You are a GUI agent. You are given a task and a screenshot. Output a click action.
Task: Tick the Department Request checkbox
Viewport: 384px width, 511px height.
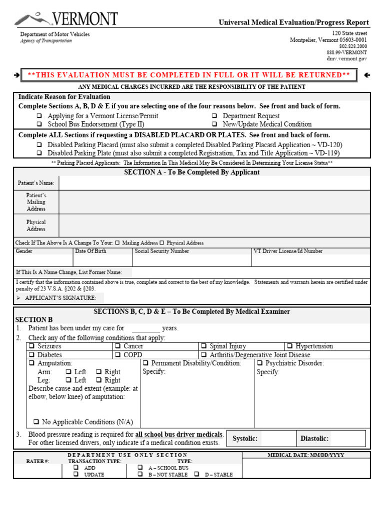[214, 116]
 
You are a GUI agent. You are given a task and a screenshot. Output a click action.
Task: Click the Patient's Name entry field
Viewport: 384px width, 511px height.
[214, 183]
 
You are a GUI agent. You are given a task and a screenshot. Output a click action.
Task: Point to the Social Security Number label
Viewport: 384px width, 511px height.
[162, 252]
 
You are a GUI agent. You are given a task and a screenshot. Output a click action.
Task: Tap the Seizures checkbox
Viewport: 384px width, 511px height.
[31, 346]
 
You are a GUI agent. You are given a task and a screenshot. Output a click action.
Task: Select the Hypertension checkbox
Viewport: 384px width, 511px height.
[289, 346]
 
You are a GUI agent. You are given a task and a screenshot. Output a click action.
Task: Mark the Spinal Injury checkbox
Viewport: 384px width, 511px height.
[204, 346]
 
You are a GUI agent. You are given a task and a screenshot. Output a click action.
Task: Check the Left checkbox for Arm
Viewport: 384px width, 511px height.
[68, 372]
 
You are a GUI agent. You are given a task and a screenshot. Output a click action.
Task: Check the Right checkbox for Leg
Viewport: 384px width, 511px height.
[98, 380]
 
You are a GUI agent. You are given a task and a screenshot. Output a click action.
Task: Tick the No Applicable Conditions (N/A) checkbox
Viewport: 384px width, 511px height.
[36, 422]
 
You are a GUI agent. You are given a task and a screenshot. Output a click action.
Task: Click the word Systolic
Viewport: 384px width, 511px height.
[245, 439]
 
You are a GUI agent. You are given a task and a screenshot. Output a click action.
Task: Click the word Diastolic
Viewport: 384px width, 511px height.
[314, 439]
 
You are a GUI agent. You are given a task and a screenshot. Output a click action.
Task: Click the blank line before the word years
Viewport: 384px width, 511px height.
[145, 329]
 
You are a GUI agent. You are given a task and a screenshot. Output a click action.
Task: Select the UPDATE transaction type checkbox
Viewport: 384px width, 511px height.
[76, 475]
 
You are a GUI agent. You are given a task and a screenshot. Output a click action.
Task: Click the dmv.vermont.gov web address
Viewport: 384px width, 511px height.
[347, 59]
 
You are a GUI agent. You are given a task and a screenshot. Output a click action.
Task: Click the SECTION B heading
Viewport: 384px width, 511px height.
[34, 320]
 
